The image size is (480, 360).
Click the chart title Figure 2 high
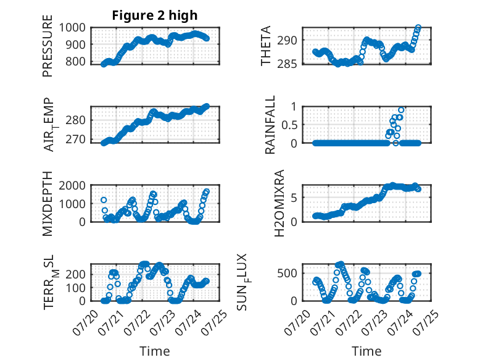pyautogui.click(x=155, y=15)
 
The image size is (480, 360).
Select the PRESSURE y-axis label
pyautogui.click(x=48, y=46)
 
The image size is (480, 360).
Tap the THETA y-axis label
pyautogui.click(x=266, y=46)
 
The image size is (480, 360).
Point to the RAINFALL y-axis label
pyautogui.click(x=270, y=125)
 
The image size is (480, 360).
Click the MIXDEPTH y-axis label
pyautogui.click(x=48, y=203)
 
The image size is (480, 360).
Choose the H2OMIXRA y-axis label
pyautogui.click(x=279, y=203)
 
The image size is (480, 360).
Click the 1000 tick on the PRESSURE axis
pyautogui.click(x=72, y=28)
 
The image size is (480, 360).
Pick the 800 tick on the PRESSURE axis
pyautogui.click(x=76, y=61)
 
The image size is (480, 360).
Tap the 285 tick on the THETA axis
pyautogui.click(x=287, y=64)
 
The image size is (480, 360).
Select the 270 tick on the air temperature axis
pyautogui.click(x=76, y=140)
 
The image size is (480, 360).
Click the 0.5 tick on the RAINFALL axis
pyautogui.click(x=289, y=125)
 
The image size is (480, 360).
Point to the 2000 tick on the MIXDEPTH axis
pyautogui.click(x=72, y=185)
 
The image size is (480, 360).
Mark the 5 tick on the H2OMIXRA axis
pyautogui.click(x=294, y=198)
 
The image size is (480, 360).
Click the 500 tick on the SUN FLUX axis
pyautogui.click(x=287, y=273)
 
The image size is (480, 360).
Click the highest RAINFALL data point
pyautogui.click(x=401, y=110)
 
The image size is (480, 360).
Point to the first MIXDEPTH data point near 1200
pyautogui.click(x=104, y=200)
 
